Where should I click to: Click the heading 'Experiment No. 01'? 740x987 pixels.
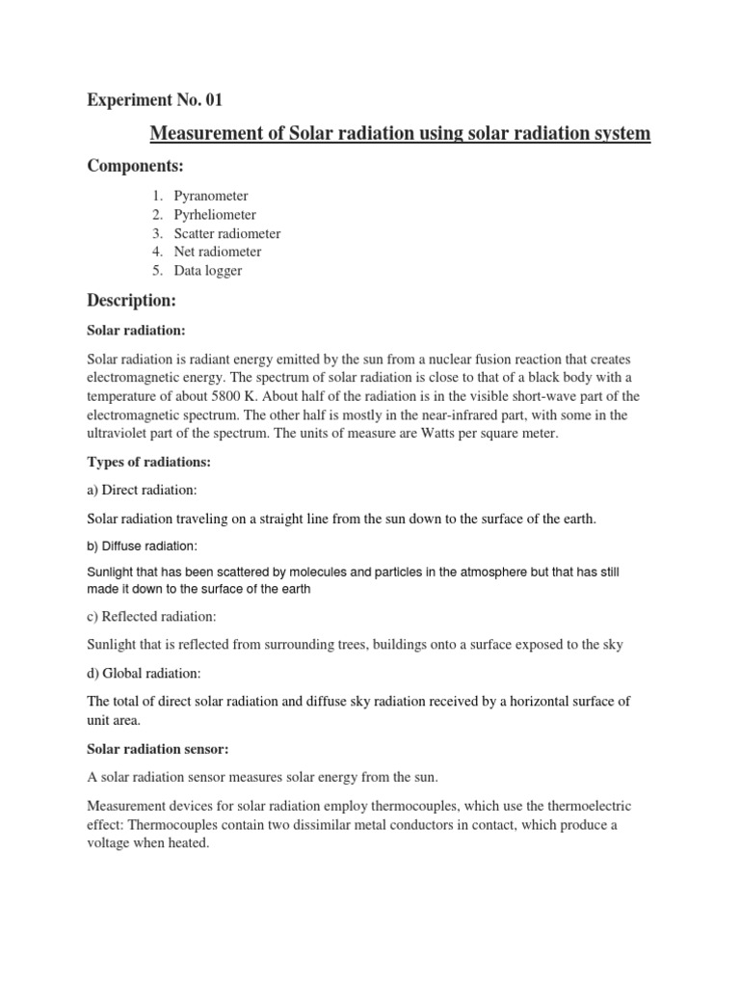(155, 99)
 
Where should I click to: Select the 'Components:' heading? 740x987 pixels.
(136, 167)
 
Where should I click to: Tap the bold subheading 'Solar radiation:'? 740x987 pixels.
(136, 331)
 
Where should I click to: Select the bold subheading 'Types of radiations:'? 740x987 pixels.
(148, 463)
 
